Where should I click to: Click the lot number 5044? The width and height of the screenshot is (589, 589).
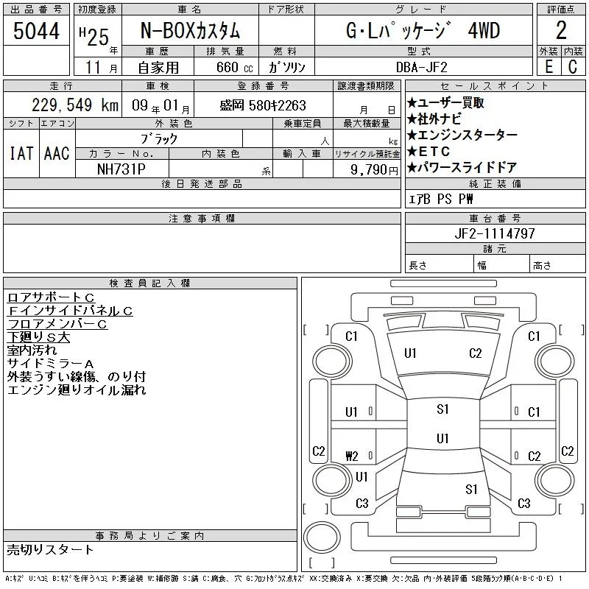tap(36, 31)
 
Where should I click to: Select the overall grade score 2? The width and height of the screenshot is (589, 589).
tap(561, 30)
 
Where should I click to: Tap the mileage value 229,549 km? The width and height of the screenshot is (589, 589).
tap(75, 105)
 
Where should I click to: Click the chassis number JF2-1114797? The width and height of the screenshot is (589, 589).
tap(495, 233)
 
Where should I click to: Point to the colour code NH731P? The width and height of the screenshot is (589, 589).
tap(121, 169)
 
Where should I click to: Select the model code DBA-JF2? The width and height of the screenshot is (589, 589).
tap(422, 67)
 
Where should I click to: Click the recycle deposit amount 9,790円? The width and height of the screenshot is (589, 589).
tap(374, 169)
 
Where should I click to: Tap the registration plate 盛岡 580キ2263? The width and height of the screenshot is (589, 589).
tap(263, 105)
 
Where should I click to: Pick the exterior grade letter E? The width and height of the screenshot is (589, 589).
tap(549, 67)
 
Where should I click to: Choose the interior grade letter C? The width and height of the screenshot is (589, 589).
tap(573, 67)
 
